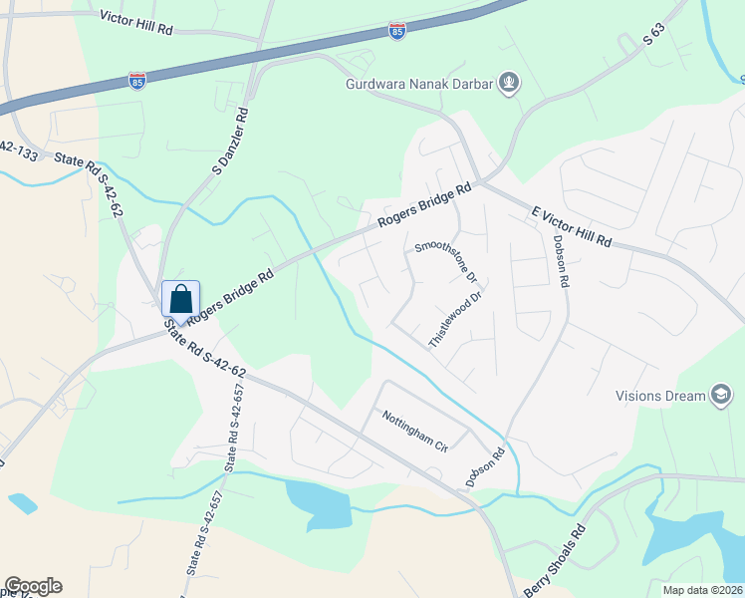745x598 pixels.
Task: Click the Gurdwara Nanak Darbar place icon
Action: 510,83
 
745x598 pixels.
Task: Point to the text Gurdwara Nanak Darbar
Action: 419,84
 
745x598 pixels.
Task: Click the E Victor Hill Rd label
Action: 571,228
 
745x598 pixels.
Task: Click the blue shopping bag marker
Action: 180,298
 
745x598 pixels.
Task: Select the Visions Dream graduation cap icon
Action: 720,396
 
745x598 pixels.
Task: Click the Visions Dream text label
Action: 659,396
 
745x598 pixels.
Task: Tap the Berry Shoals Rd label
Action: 556,565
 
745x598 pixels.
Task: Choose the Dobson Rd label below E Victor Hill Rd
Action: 562,262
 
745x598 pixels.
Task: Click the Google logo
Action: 33,586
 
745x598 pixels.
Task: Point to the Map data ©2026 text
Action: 701,589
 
